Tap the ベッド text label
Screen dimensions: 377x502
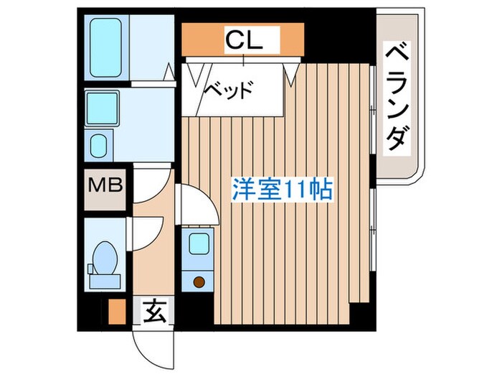point(229,91)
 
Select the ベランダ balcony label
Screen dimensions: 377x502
point(397,98)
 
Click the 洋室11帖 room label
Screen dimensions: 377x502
point(281,189)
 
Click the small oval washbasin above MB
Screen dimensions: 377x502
point(99,146)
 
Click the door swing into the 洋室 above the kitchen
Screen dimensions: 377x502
point(195,205)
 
